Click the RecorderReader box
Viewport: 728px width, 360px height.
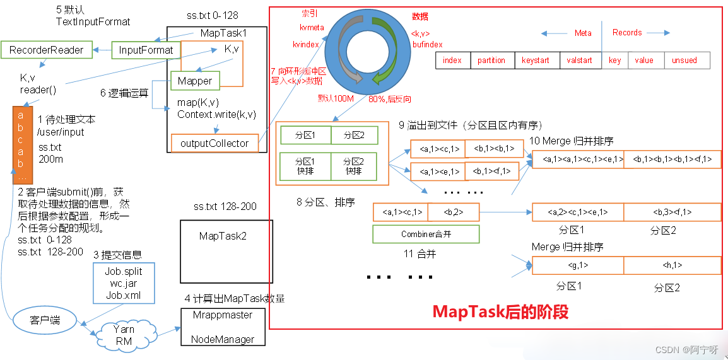coord(46,50)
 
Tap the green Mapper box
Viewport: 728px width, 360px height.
coord(195,81)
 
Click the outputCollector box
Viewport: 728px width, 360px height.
coord(214,143)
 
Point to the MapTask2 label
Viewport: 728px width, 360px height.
coord(223,236)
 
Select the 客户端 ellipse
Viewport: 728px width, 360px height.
coord(44,319)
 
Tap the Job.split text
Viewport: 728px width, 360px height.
coord(124,271)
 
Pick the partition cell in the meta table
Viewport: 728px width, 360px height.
coord(491,61)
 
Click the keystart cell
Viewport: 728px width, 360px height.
coord(535,61)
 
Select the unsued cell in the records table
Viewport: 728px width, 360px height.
coord(684,61)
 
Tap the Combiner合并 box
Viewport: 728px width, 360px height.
coord(426,235)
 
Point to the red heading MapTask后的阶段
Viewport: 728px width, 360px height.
coord(500,311)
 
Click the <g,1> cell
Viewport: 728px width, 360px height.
coord(578,265)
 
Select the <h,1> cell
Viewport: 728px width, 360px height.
coord(672,265)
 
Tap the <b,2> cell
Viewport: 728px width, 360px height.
coord(454,212)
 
